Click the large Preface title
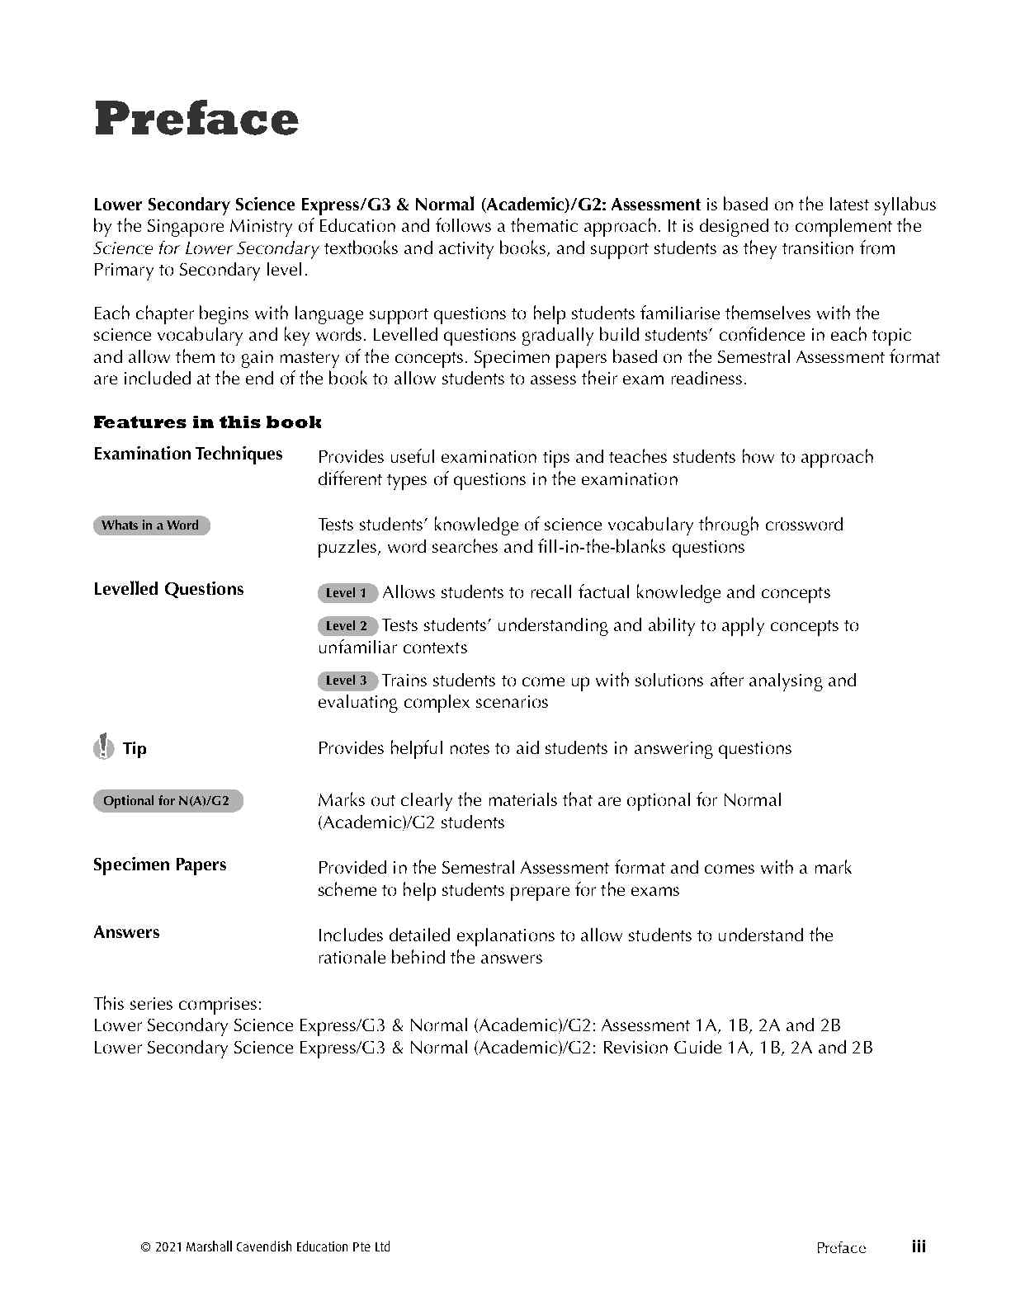point(196,120)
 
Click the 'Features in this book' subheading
point(207,422)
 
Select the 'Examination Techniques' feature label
point(188,454)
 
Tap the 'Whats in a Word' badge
point(151,525)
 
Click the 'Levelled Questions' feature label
point(168,589)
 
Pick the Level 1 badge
point(347,593)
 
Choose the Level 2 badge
point(347,626)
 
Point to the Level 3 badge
point(347,681)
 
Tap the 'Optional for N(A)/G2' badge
point(168,801)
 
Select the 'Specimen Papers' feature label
point(159,865)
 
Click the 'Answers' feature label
point(126,932)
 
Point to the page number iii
point(919,1246)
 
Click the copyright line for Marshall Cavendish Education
point(266,1247)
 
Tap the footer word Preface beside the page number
point(841,1247)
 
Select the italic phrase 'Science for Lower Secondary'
point(206,248)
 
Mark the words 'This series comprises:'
point(177,1004)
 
